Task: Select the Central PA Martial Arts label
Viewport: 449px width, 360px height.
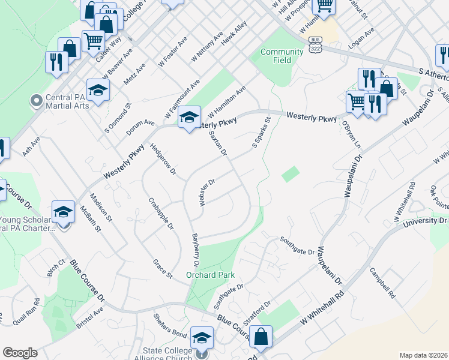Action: point(67,101)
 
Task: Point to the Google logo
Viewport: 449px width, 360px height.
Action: point(20,353)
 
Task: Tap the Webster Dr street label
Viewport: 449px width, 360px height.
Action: point(206,191)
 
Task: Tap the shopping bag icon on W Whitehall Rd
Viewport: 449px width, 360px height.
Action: point(261,337)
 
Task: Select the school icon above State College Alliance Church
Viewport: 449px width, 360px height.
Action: point(202,337)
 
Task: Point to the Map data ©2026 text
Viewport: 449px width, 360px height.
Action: point(423,355)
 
